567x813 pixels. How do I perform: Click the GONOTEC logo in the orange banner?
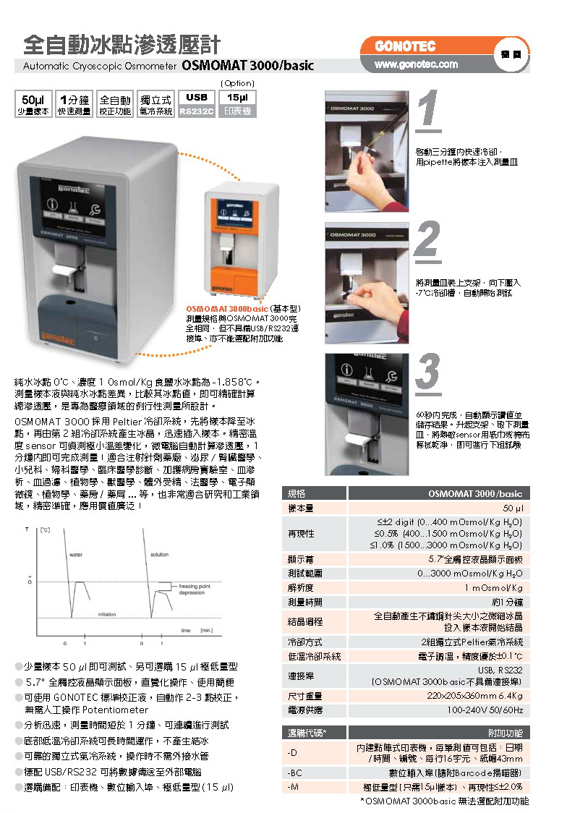click(405, 47)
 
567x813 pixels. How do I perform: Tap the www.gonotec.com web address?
click(416, 64)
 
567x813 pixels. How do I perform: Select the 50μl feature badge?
click(33, 103)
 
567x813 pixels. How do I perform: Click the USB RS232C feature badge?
click(197, 103)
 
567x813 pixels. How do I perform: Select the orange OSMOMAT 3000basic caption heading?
click(227, 309)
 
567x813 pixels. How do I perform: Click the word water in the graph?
click(76, 555)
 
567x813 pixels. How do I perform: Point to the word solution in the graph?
click(159, 555)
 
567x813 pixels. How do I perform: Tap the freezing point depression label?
click(195, 589)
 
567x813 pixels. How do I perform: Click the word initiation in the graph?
click(107, 614)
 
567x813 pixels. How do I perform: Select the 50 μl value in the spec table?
click(513, 508)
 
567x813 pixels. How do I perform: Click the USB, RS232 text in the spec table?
click(500, 670)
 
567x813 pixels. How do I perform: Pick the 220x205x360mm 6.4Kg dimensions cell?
click(474, 696)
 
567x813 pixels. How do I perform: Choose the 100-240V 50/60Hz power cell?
click(485, 710)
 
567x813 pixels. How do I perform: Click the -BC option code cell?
click(294, 772)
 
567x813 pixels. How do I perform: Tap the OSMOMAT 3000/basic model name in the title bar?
click(248, 66)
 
